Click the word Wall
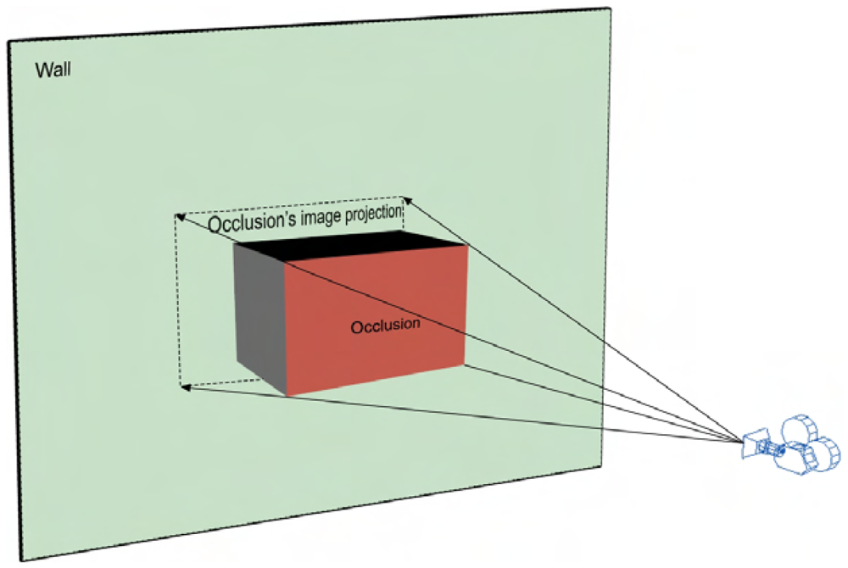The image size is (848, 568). coord(53,70)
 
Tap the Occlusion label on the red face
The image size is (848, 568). coord(385,325)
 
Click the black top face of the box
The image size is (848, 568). coord(356,248)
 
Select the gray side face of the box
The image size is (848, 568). coord(259,319)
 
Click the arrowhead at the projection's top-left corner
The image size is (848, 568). coord(179,217)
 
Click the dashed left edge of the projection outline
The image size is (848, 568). coord(178,301)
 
